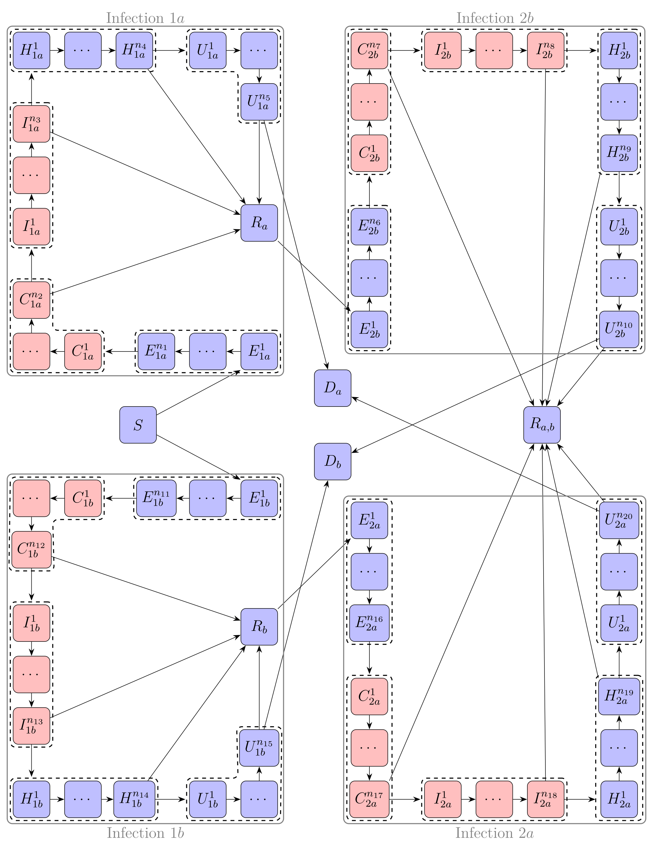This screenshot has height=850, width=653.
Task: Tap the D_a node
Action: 332,388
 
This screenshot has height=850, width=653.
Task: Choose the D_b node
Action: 332,462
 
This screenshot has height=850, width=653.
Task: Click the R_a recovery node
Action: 259,223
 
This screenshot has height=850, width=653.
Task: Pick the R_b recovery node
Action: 259,627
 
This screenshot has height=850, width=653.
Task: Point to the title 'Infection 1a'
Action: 145,18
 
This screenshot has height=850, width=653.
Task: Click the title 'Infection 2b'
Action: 495,18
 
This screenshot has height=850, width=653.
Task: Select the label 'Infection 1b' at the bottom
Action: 145,833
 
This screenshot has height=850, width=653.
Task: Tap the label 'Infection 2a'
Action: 494,833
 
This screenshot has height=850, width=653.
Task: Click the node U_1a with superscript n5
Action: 259,102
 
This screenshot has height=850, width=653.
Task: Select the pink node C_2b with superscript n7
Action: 369,50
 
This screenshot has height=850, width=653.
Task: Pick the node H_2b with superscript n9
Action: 619,153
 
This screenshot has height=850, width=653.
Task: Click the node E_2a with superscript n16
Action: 369,623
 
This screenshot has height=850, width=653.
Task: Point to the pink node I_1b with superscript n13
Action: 31,726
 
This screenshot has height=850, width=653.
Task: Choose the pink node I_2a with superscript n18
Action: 546,799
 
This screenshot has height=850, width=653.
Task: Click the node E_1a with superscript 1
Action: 259,351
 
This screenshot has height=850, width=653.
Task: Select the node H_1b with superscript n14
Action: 134,799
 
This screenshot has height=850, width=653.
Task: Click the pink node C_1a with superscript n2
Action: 31,300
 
